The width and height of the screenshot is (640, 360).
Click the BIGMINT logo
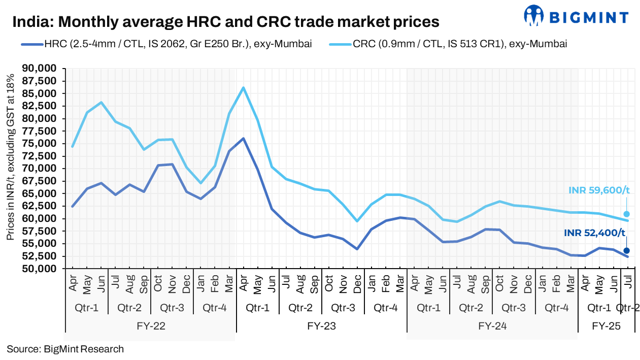[576, 17]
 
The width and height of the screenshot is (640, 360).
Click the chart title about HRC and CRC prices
[225, 22]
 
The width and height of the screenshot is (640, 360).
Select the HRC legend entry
[167, 44]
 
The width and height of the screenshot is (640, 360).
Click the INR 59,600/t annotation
[599, 190]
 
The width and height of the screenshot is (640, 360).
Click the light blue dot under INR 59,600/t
[626, 214]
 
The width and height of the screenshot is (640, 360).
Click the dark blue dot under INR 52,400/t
[626, 250]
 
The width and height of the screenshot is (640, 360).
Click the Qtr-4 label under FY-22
[215, 308]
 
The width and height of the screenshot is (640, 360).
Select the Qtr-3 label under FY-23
[343, 308]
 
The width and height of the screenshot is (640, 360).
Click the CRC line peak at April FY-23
[244, 88]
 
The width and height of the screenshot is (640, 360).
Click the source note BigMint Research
[65, 349]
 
